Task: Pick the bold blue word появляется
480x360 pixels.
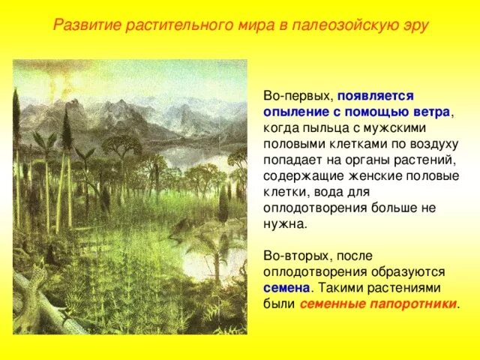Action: coord(376,97)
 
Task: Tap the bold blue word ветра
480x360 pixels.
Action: coord(430,111)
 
